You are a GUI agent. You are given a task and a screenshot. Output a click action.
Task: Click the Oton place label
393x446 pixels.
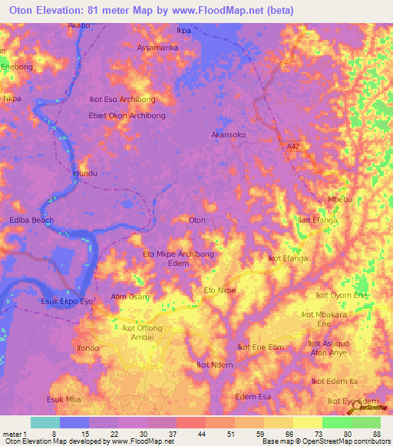coord(197,220)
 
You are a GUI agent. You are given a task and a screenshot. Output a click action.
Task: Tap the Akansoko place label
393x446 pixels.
coord(229,134)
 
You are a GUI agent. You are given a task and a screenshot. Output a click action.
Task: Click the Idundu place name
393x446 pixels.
coord(84,174)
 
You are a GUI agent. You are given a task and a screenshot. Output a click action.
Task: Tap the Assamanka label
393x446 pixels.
coord(157,48)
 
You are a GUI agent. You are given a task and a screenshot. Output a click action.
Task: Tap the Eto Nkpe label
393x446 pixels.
coord(220,290)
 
